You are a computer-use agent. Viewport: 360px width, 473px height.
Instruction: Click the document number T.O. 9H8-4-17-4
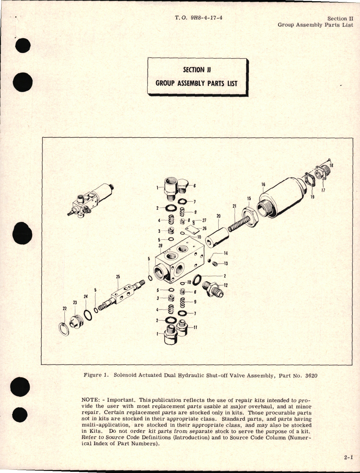(x=198, y=18)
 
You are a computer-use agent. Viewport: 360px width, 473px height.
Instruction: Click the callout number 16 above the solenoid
(x=263, y=185)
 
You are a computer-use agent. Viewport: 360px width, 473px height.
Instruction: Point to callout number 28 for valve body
(x=160, y=246)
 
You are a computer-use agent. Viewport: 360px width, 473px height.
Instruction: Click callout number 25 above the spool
(x=118, y=277)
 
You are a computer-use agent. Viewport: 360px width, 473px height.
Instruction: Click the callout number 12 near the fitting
(x=226, y=285)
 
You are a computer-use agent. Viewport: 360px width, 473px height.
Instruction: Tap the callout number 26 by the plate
(x=204, y=228)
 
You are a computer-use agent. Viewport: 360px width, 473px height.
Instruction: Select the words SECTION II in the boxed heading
(x=197, y=70)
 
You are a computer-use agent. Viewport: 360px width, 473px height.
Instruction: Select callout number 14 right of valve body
(x=226, y=253)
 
